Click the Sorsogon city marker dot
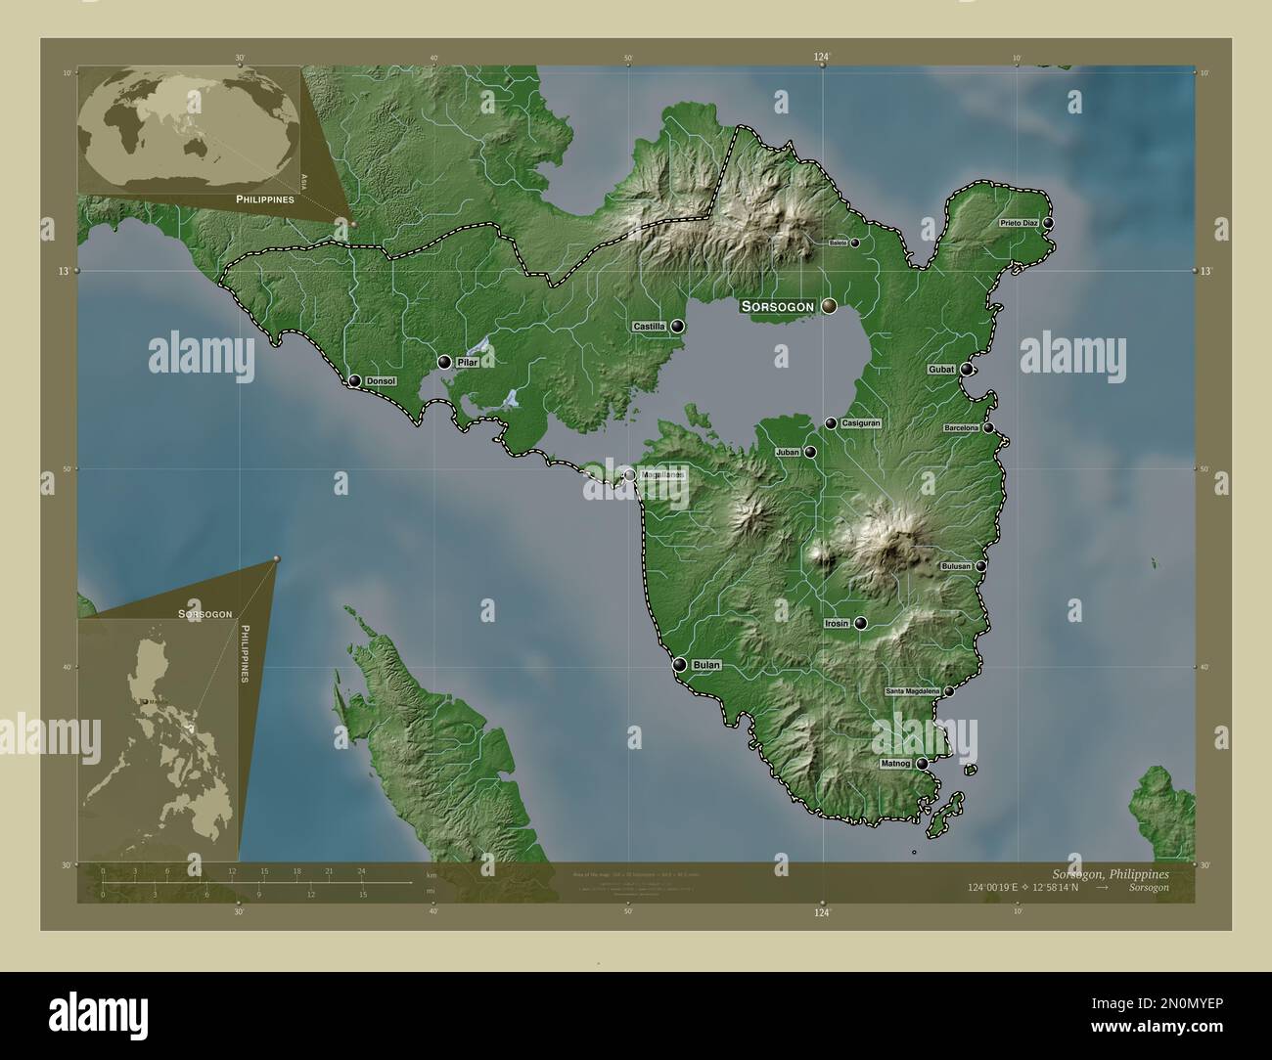(829, 306)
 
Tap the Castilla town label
(649, 327)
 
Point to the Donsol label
(380, 380)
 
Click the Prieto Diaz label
(1018, 224)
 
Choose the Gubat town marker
(967, 370)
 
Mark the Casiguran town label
(862, 423)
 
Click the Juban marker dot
(810, 453)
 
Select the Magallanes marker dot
(629, 474)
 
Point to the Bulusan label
(956, 566)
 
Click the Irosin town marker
(861, 623)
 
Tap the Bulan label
(706, 665)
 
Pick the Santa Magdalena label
(912, 691)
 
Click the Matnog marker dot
(922, 764)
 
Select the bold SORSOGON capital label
(778, 307)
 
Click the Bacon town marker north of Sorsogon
(854, 243)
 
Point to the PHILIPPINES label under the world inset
(264, 199)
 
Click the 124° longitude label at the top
(822, 59)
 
